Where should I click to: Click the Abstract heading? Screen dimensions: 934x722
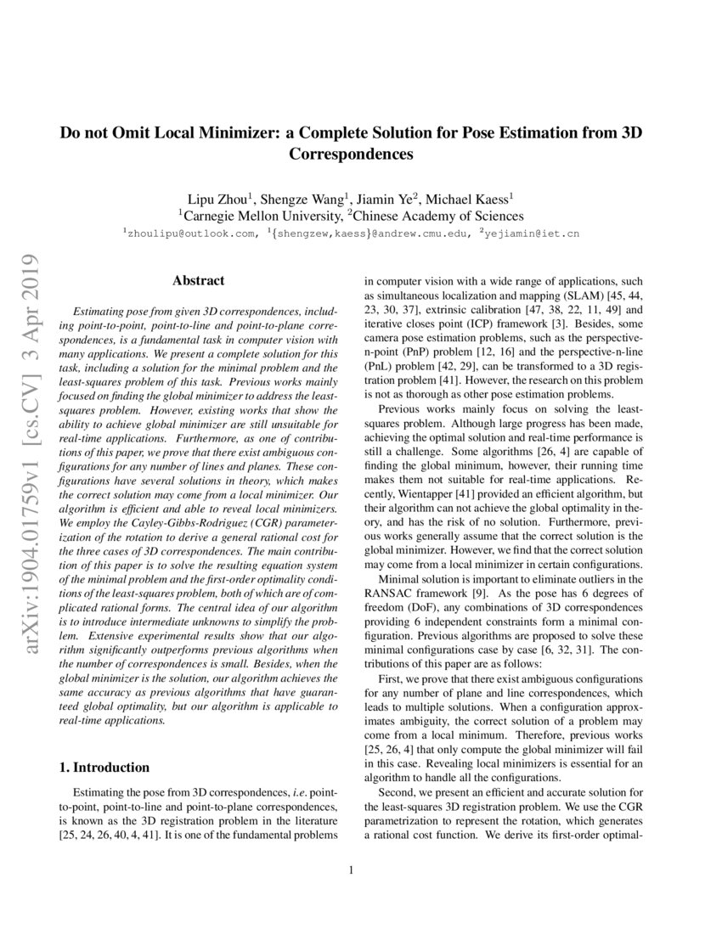pos(198,280)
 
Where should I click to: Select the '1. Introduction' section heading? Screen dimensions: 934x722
pos(104,768)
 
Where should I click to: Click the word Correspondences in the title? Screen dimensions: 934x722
pos(351,155)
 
